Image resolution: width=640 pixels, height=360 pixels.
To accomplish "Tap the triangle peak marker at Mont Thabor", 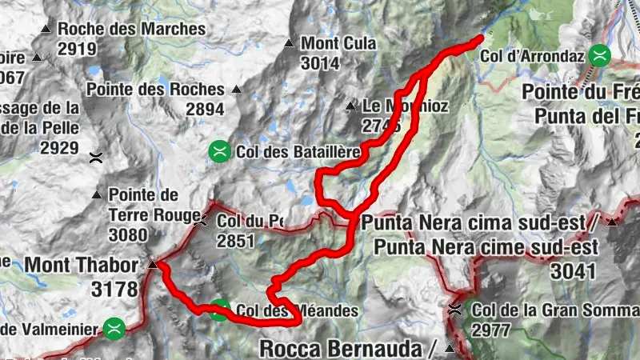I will click(x=152, y=264).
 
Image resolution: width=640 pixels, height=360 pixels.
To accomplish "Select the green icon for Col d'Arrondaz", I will click(x=598, y=56).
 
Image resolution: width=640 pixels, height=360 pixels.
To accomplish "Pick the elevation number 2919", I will click(x=77, y=49).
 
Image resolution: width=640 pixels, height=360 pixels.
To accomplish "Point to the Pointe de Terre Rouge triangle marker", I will click(x=97, y=194).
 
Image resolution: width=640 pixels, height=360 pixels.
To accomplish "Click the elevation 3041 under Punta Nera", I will click(x=573, y=271).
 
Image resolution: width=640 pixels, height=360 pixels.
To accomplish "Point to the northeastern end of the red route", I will click(x=481, y=37).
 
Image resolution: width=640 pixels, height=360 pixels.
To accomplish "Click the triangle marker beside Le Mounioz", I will click(x=350, y=106).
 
